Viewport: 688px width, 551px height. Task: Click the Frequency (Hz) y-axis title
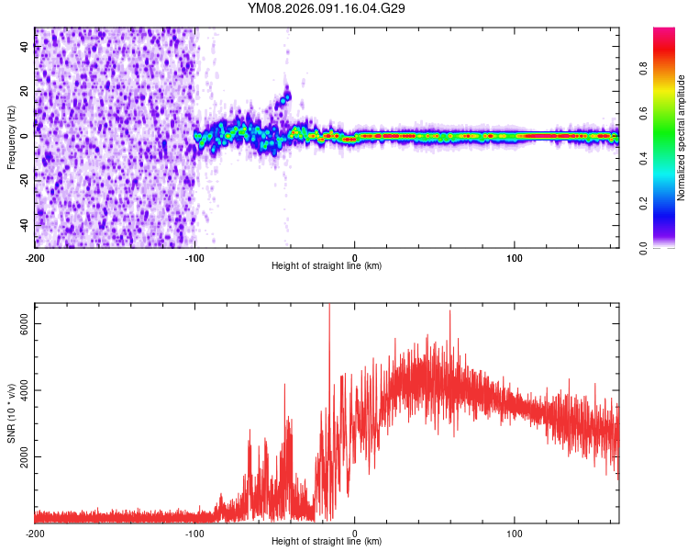coord(11,138)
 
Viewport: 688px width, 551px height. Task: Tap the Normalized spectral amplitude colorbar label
coord(682,138)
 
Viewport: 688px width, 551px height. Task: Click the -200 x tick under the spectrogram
coord(35,257)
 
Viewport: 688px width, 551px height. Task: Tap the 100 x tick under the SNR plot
coord(515,533)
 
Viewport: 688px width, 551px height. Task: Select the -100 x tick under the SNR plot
coord(194,533)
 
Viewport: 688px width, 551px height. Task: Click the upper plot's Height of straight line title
coord(327,266)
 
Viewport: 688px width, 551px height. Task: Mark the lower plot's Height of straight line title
coord(327,542)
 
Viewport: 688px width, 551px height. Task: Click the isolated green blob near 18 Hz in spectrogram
coord(286,96)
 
